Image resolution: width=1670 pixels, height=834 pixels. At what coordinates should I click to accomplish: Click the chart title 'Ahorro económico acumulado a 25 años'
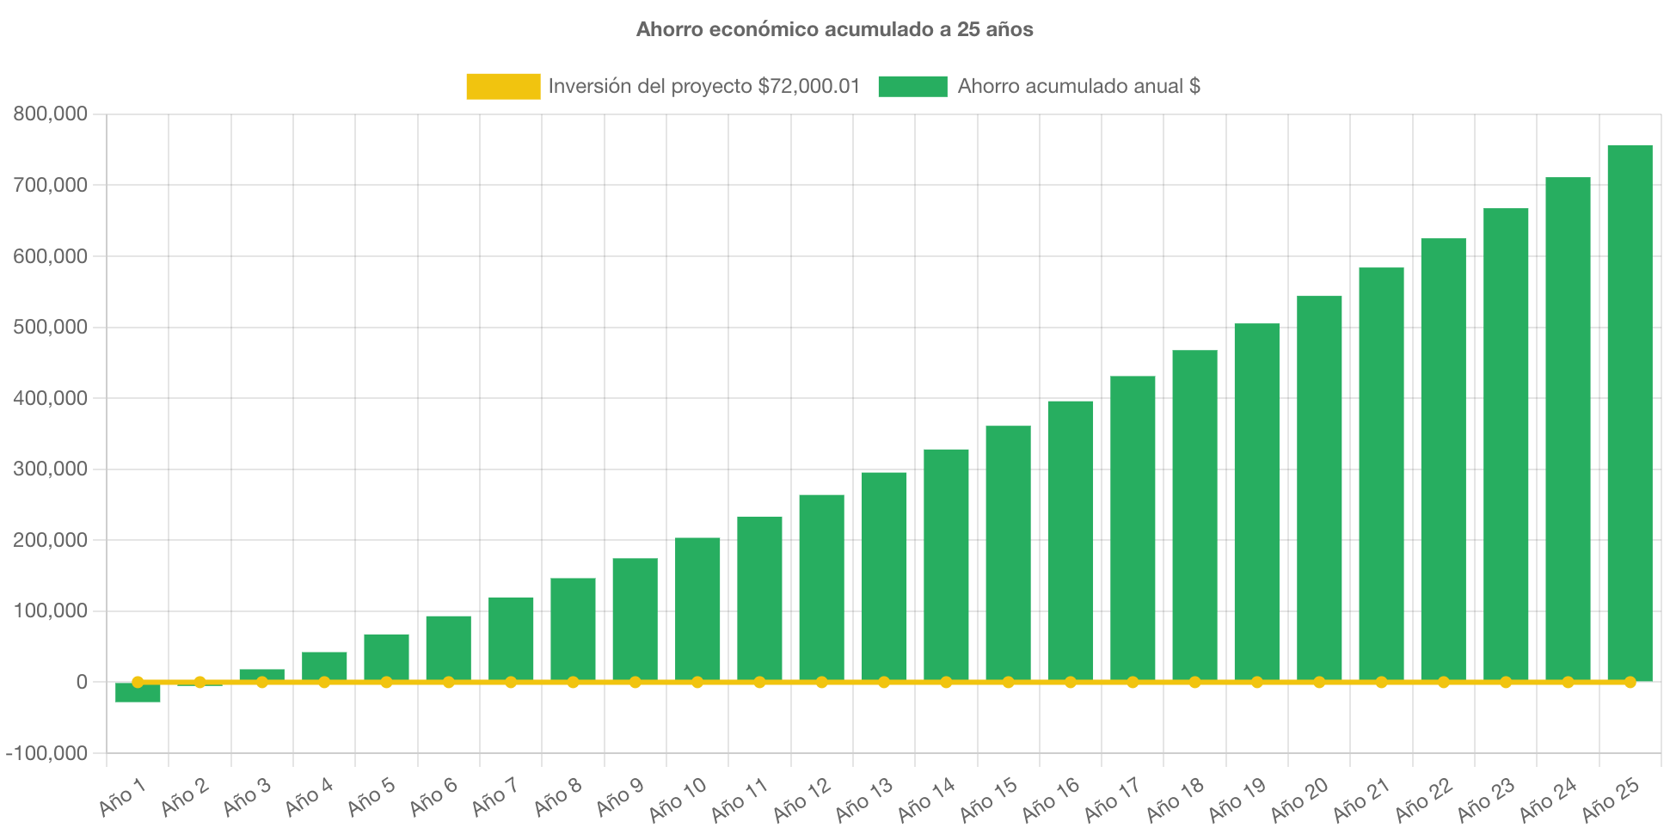click(x=834, y=29)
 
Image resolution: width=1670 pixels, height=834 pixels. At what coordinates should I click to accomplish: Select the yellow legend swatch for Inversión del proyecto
click(x=503, y=86)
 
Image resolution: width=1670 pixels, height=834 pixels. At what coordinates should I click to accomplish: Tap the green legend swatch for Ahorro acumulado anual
click(x=912, y=86)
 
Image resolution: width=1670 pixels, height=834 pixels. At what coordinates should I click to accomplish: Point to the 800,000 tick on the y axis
click(x=50, y=113)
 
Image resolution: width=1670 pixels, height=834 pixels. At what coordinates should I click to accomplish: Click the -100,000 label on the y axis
click(x=46, y=753)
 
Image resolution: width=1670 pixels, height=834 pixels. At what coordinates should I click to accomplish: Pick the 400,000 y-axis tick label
click(x=50, y=398)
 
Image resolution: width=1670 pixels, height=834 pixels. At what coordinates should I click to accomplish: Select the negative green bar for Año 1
click(x=138, y=694)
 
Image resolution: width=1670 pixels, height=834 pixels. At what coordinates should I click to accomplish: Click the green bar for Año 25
click(x=1630, y=413)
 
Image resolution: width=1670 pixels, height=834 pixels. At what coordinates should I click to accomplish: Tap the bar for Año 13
click(x=884, y=576)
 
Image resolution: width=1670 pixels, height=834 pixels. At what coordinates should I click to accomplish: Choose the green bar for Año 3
click(x=261, y=674)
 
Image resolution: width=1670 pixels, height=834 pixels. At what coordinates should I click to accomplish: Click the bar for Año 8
click(x=573, y=629)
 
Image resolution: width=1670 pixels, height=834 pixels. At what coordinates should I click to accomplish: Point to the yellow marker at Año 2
click(x=200, y=682)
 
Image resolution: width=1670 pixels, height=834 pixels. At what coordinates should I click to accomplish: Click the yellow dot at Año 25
click(x=1630, y=682)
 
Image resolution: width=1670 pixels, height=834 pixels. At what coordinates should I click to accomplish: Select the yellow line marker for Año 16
click(x=1071, y=682)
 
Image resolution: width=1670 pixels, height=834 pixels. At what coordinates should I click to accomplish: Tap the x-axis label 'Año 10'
click(x=678, y=800)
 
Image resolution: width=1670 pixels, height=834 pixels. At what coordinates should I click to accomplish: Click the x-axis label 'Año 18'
click(x=1175, y=800)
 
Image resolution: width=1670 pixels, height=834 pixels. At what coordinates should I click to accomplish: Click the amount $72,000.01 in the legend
click(x=808, y=86)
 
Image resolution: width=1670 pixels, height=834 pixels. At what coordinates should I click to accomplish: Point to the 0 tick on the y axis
click(x=82, y=682)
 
